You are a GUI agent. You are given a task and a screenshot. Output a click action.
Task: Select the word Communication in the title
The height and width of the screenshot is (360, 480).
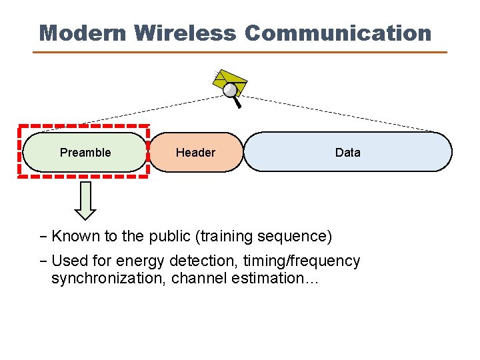coord(338,33)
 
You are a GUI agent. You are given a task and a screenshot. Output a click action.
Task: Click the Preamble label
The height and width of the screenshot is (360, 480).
coord(85,153)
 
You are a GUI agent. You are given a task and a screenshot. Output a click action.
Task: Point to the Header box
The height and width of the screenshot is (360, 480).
coord(195,153)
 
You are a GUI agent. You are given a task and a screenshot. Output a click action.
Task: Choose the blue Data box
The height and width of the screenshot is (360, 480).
coord(347,153)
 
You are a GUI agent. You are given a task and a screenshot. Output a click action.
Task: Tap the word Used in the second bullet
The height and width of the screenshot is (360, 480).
coord(67,261)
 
